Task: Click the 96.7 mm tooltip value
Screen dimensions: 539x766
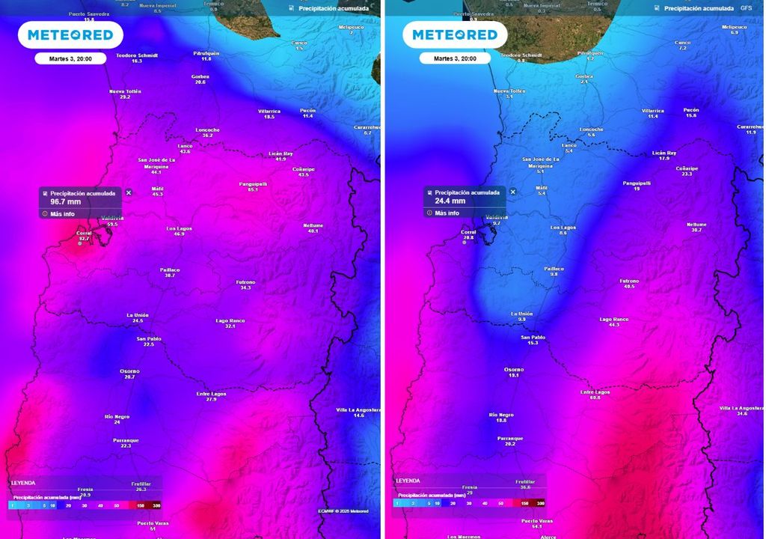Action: coord(65,202)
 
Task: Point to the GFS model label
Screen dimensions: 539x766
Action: coord(746,7)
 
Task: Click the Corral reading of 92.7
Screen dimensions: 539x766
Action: coord(84,239)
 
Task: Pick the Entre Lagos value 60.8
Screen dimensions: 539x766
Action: coord(595,398)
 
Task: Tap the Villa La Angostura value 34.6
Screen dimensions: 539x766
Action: coord(742,414)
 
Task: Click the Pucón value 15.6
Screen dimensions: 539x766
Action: coord(691,116)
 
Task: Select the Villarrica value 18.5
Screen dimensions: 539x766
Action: coord(269,117)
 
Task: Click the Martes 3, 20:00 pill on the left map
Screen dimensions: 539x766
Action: coord(70,58)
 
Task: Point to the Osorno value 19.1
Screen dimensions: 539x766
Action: coord(514,375)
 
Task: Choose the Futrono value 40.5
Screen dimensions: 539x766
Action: coord(629,287)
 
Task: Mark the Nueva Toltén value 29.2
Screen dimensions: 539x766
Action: coord(125,97)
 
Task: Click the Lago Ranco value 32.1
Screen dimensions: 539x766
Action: coord(230,326)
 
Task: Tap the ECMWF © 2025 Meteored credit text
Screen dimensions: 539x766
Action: coord(343,511)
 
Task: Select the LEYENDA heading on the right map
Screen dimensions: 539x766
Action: coord(408,481)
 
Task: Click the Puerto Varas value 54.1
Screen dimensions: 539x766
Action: coord(536,527)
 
